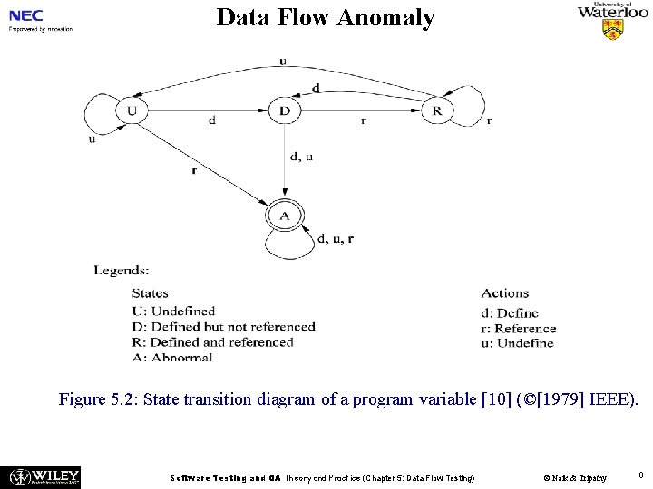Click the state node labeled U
coord(132,111)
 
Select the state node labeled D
coord(284,111)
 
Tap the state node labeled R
coord(437,111)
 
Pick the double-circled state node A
coord(284,216)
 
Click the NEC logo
coord(27,15)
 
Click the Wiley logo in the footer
coord(44,476)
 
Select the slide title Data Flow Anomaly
coord(326,17)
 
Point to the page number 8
coord(640,475)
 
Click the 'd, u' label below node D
coord(301,156)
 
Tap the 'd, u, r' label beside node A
coord(336,239)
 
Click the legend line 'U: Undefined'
coord(173,311)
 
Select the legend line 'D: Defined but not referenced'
coord(223,327)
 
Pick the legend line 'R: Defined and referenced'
coord(212,342)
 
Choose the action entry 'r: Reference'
coord(519,328)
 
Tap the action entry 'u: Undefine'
coord(517,342)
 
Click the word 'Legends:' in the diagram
coord(122,270)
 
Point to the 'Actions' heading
coord(505,293)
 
